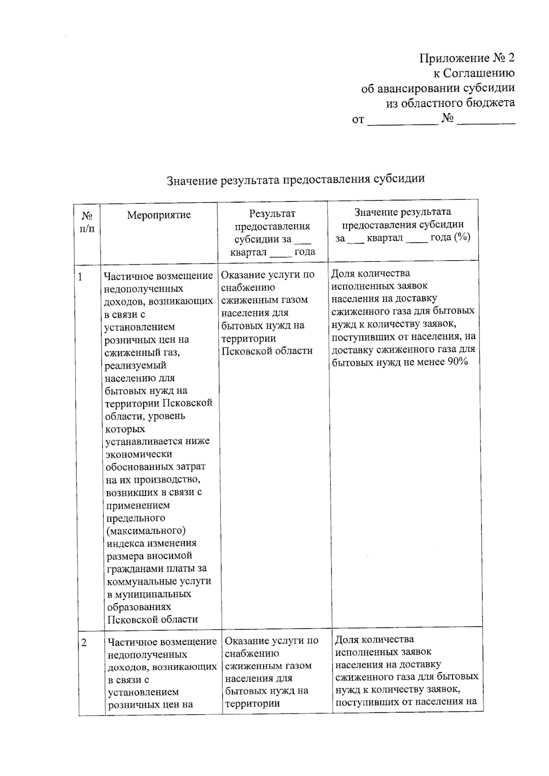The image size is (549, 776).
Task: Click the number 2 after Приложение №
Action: pyautogui.click(x=511, y=58)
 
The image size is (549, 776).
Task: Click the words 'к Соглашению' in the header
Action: pyautogui.click(x=474, y=73)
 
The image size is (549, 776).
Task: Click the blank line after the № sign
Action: pyautogui.click(x=486, y=120)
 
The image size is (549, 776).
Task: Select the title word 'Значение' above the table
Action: pyautogui.click(x=192, y=180)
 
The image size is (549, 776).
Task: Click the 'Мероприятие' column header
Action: pyautogui.click(x=158, y=215)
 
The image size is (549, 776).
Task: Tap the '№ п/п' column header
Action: pyautogui.click(x=87, y=221)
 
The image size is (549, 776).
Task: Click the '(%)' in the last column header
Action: pyautogui.click(x=462, y=237)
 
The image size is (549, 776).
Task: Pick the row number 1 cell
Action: pyautogui.click(x=81, y=277)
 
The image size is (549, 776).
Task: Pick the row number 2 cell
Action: pyautogui.click(x=84, y=642)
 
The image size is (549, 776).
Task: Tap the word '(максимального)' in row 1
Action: pyautogui.click(x=146, y=530)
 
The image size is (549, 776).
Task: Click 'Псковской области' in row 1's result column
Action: pyautogui.click(x=267, y=351)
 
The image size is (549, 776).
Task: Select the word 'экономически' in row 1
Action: pyautogui.click(x=139, y=454)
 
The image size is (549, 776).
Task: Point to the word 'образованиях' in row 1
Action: pyautogui.click(x=139, y=607)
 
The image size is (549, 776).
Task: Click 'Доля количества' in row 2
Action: pyautogui.click(x=374, y=639)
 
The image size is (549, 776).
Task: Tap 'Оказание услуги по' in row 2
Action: pyautogui.click(x=271, y=641)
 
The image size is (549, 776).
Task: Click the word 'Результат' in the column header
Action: pyautogui.click(x=272, y=213)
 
